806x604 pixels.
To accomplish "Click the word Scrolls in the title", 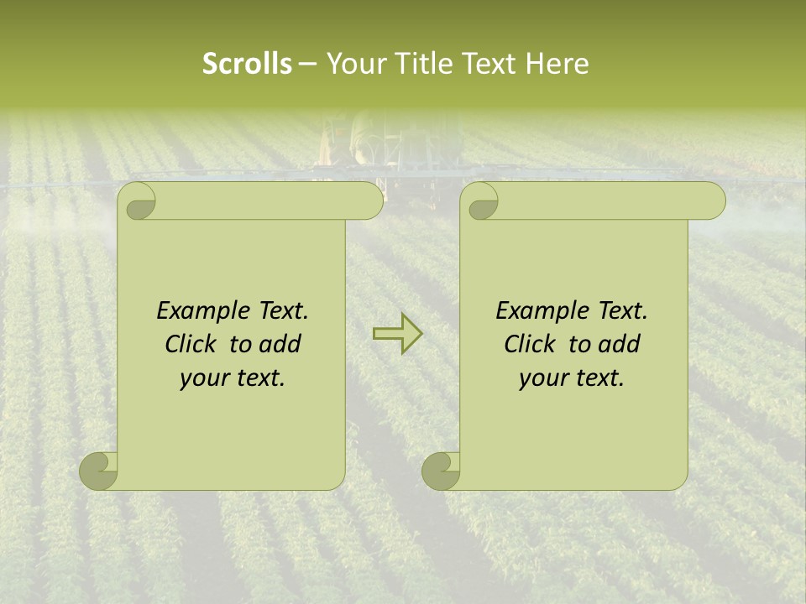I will tap(247, 64).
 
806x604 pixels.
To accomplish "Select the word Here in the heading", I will tap(557, 64).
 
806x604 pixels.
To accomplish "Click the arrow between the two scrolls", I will tap(397, 333).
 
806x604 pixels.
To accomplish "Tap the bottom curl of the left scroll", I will tap(99, 471).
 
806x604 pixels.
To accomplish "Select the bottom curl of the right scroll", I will tap(442, 471).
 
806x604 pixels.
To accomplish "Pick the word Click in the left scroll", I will tap(190, 344).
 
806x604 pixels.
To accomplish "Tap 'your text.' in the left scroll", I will tap(233, 378).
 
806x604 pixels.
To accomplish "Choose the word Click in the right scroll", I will tap(529, 344).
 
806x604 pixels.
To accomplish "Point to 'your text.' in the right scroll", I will tap(572, 378).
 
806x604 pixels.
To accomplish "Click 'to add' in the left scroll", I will tap(265, 344).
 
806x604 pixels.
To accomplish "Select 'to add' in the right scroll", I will tap(604, 344).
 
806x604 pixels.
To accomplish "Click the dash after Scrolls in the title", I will tap(307, 65).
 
